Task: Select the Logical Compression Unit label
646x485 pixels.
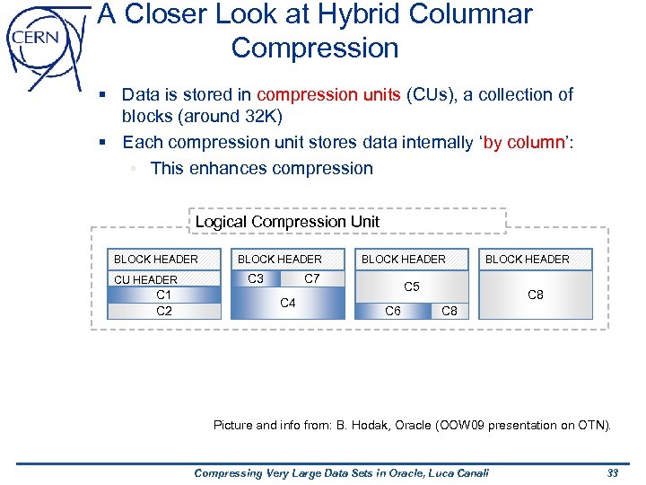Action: tap(287, 221)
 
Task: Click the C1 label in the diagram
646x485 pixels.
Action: tap(164, 295)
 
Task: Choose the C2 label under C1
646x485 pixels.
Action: tap(164, 311)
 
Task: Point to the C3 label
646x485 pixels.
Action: tap(256, 278)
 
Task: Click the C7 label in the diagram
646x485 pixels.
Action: tap(312, 278)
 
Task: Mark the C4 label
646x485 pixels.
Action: tap(288, 303)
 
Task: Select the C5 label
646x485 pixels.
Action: tap(411, 287)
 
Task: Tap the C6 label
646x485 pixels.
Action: tap(392, 311)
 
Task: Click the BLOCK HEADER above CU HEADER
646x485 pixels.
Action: tap(156, 259)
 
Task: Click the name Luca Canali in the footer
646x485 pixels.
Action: tap(454, 472)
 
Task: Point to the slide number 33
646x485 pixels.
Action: tap(613, 472)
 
